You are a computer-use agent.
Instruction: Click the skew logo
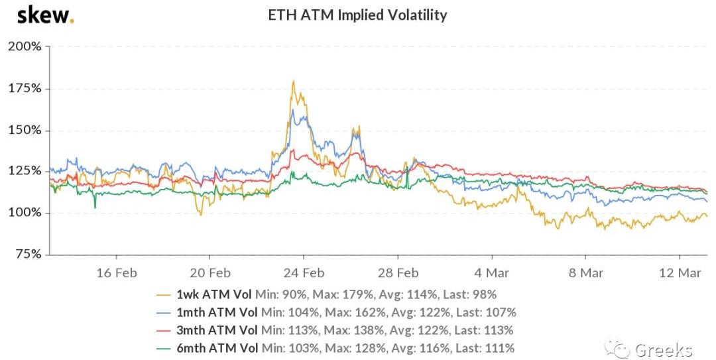(x=44, y=15)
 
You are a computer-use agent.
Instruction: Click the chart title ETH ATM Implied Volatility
(x=357, y=15)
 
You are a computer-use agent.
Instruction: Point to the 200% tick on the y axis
(x=25, y=46)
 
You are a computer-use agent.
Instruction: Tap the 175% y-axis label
(x=25, y=88)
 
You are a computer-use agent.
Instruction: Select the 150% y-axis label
(x=25, y=130)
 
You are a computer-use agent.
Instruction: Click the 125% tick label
(x=25, y=171)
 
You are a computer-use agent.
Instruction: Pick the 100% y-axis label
(x=25, y=213)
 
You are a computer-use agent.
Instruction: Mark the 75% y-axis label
(x=27, y=254)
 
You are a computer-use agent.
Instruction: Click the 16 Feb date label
(x=117, y=272)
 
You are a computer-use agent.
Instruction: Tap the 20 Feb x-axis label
(x=210, y=272)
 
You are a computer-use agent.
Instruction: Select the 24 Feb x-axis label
(x=304, y=272)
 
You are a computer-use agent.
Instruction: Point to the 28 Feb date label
(x=398, y=272)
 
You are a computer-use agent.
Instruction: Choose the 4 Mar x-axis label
(x=491, y=272)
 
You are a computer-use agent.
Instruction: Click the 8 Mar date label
(x=585, y=272)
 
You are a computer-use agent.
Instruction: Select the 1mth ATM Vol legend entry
(x=217, y=312)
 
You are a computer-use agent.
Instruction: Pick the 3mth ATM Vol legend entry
(x=217, y=330)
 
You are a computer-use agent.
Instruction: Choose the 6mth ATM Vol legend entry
(x=217, y=347)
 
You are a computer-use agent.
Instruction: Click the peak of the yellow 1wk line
(x=293, y=82)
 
